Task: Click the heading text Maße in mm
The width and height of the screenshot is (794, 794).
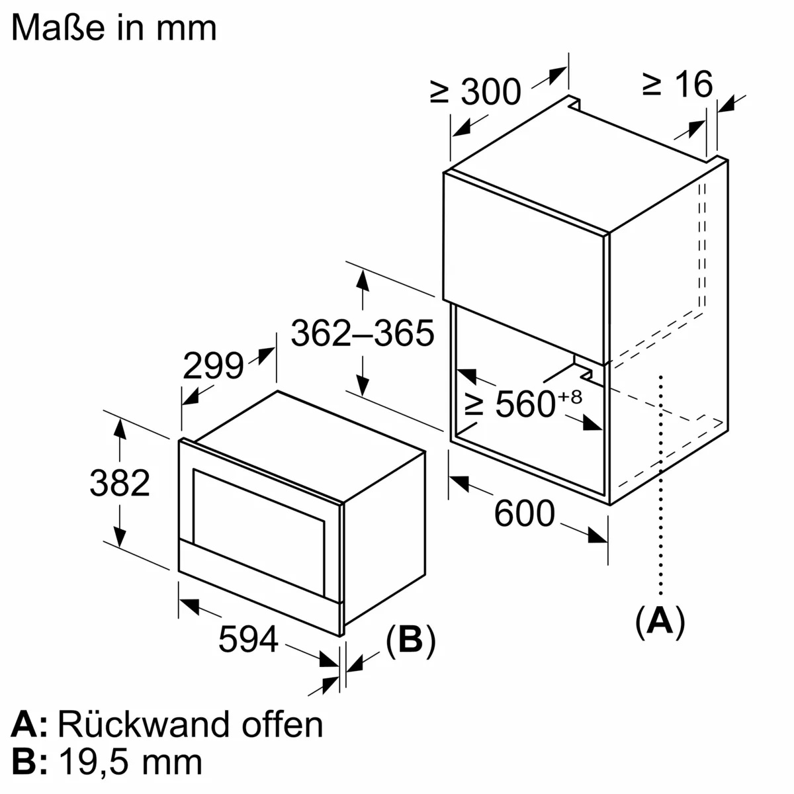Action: pyautogui.click(x=114, y=28)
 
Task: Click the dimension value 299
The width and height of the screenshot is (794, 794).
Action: pyautogui.click(x=213, y=366)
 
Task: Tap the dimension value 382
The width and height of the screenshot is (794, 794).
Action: pyautogui.click(x=120, y=483)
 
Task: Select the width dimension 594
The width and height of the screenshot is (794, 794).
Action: pyautogui.click(x=248, y=639)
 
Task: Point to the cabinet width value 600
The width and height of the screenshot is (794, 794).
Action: pyautogui.click(x=524, y=513)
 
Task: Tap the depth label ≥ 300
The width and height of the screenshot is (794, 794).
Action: pyautogui.click(x=476, y=91)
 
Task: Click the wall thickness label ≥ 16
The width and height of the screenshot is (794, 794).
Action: pyautogui.click(x=678, y=84)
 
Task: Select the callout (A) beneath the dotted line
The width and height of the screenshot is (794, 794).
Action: pyautogui.click(x=660, y=621)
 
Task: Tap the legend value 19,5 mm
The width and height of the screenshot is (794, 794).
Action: pyautogui.click(x=130, y=762)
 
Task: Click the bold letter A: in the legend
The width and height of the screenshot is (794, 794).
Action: pyautogui.click(x=29, y=725)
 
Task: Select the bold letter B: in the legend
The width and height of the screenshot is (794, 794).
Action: pyautogui.click(x=29, y=762)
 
